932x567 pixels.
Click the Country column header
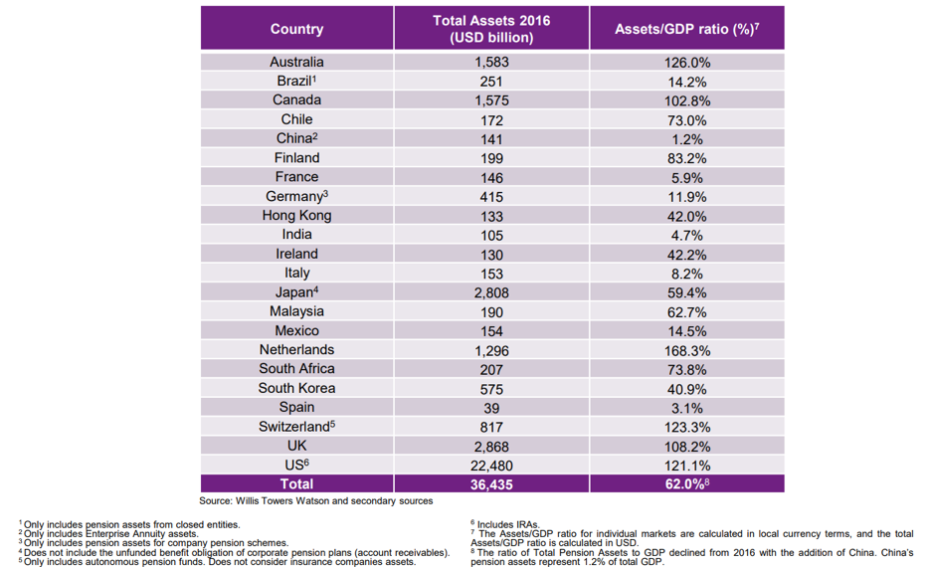pyautogui.click(x=296, y=29)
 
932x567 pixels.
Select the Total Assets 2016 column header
pyautogui.click(x=491, y=29)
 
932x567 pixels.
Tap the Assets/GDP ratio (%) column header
pyautogui.click(x=686, y=29)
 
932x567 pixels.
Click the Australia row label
pyautogui.click(x=296, y=62)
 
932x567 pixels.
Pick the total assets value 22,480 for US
pyautogui.click(x=491, y=466)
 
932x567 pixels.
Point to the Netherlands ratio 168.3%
pyautogui.click(x=687, y=351)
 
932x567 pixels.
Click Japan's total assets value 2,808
pyautogui.click(x=491, y=292)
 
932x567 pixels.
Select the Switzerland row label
pyautogui.click(x=296, y=426)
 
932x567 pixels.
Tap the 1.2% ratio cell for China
pyautogui.click(x=687, y=139)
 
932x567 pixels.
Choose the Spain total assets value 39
pyautogui.click(x=491, y=408)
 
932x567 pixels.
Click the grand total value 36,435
pyautogui.click(x=491, y=484)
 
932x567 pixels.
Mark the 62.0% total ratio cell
pyautogui.click(x=687, y=483)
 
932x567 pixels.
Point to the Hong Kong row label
pyautogui.click(x=296, y=215)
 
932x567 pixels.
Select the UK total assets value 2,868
pyautogui.click(x=491, y=447)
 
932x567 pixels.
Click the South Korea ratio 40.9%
pyautogui.click(x=687, y=389)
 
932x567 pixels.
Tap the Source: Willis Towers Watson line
pyautogui.click(x=315, y=501)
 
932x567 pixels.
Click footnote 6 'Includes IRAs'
pyautogui.click(x=505, y=524)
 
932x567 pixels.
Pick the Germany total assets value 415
pyautogui.click(x=491, y=197)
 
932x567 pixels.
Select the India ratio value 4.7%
pyautogui.click(x=687, y=236)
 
